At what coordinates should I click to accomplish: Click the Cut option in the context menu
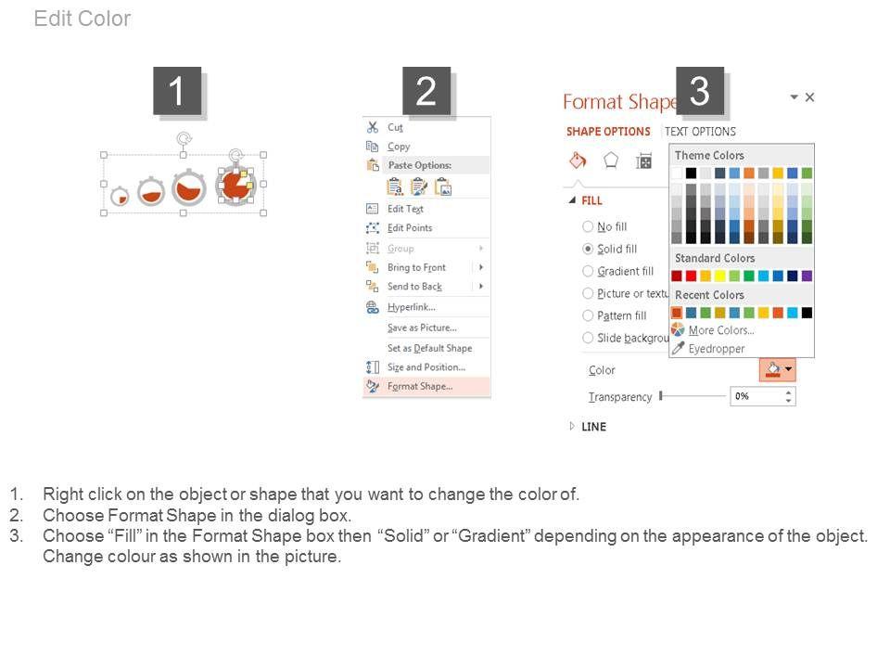(x=395, y=127)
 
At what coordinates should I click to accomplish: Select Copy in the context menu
(x=399, y=147)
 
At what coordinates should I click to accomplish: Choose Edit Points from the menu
(x=410, y=228)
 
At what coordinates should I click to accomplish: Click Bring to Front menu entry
(x=416, y=267)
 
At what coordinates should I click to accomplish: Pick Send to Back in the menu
(x=415, y=287)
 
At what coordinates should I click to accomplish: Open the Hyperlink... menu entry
(x=412, y=307)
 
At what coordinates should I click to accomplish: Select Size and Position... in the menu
(x=426, y=367)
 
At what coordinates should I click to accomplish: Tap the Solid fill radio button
(x=588, y=249)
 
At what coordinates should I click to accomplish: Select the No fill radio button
(x=588, y=226)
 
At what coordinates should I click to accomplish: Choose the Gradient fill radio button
(x=588, y=271)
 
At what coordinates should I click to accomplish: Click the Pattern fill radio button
(x=588, y=315)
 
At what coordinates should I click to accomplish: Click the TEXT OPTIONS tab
(x=700, y=132)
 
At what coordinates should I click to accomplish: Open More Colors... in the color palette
(x=721, y=330)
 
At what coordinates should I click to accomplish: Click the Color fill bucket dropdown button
(x=778, y=370)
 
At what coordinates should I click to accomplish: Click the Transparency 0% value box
(x=763, y=396)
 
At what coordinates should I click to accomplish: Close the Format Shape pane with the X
(x=810, y=97)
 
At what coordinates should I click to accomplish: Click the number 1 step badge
(x=177, y=91)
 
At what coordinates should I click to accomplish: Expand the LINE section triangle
(x=572, y=426)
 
